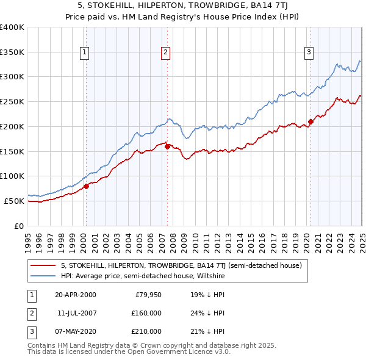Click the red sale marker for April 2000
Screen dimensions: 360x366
click(x=86, y=186)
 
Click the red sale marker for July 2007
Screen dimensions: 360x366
click(x=167, y=146)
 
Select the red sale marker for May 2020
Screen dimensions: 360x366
click(x=310, y=121)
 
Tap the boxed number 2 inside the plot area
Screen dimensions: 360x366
click(x=165, y=52)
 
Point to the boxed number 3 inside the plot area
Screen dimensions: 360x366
click(x=309, y=52)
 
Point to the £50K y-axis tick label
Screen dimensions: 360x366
click(x=14, y=201)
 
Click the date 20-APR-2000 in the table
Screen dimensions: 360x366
click(x=75, y=295)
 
